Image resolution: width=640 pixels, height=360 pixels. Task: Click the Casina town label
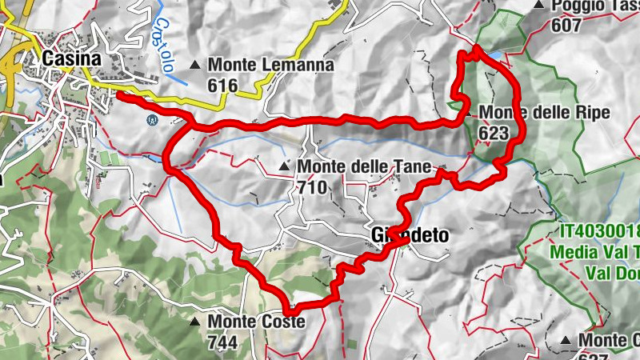pos(72,58)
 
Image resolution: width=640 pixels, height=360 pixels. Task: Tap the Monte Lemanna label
pos(258,66)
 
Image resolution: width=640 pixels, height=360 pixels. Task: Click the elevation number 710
pos(312,188)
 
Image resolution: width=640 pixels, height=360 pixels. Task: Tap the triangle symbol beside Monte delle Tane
pos(284,166)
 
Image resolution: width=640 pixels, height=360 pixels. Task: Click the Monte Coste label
pos(256,322)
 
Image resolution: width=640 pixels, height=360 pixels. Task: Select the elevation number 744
pos(222,342)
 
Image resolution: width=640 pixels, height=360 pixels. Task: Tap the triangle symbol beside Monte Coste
pos(195,322)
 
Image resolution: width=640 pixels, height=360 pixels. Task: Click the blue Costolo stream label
pos(166,48)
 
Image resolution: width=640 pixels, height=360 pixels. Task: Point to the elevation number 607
pos(566,25)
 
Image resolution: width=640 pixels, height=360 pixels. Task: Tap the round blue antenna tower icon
pos(150,120)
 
